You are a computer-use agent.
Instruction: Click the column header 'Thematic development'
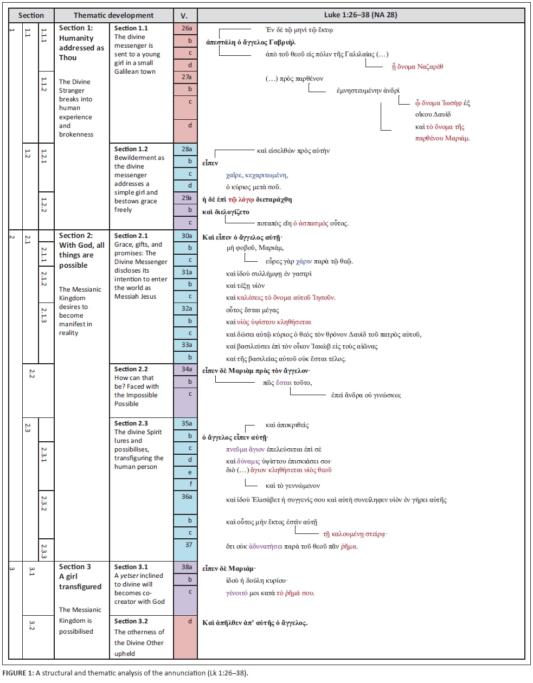coord(113,15)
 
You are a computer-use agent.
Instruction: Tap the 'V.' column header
coord(184,15)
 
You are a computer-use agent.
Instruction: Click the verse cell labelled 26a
coord(186,28)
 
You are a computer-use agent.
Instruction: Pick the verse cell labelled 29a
coord(186,198)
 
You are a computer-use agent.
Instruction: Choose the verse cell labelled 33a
coord(186,345)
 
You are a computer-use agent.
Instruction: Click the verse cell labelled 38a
coord(186,567)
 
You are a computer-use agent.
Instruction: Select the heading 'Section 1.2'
coord(131,149)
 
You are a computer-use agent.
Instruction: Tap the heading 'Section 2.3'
coord(131,423)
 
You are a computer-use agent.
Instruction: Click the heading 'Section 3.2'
coord(131,621)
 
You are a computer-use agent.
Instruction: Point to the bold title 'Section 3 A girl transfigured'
coord(80,576)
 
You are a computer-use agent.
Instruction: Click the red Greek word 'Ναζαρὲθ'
coord(430,67)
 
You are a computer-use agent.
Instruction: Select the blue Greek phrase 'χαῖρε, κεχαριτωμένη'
coord(256,175)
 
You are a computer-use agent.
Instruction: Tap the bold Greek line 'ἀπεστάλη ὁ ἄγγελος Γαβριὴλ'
coord(251,42)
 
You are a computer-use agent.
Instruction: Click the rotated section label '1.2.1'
coord(44,157)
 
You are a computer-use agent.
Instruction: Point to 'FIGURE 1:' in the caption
coord(17,673)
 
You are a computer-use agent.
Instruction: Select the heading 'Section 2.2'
coord(131,369)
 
